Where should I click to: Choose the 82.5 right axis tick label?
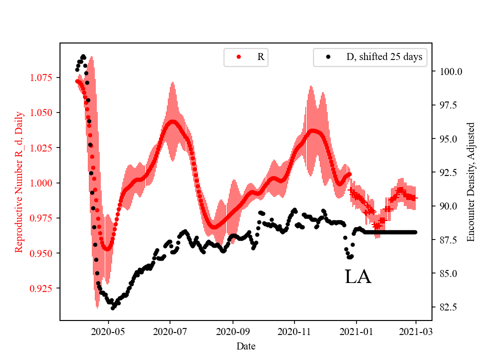tap(448, 307)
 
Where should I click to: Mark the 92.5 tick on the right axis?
tap(448, 172)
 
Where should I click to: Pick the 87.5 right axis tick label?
tap(448, 240)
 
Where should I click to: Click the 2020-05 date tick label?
tap(108, 331)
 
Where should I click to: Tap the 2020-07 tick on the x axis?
tap(170, 331)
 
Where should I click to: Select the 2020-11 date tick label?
tap(294, 331)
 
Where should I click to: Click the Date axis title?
tap(246, 345)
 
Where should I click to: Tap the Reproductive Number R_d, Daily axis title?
tap(19, 181)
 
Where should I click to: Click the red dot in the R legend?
tap(238, 57)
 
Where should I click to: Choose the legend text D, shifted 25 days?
tap(384, 57)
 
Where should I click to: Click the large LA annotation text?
tap(358, 276)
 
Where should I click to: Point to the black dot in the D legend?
tap(328, 57)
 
